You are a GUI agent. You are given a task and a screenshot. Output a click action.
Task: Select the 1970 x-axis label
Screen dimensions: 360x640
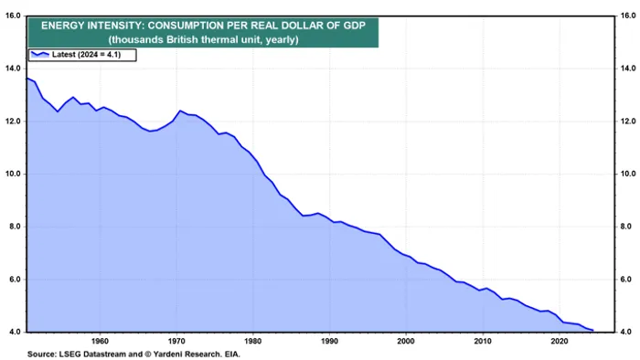click(x=176, y=341)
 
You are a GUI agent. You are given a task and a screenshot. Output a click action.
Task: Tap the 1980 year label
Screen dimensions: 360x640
click(x=252, y=341)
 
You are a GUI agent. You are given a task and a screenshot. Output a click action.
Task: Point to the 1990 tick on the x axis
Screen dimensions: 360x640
click(x=329, y=341)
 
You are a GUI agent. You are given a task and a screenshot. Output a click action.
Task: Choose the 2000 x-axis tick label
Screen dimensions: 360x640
click(x=405, y=341)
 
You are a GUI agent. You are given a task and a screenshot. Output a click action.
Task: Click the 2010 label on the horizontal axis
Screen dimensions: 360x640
click(x=482, y=341)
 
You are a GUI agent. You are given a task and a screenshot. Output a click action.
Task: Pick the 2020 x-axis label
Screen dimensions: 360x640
click(x=558, y=341)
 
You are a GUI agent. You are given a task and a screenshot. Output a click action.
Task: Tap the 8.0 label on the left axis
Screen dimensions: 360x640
click(x=14, y=227)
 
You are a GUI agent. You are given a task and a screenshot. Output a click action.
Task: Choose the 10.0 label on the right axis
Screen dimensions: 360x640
click(x=627, y=174)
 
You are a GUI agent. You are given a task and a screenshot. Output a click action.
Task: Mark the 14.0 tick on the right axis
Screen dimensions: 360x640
click(x=627, y=68)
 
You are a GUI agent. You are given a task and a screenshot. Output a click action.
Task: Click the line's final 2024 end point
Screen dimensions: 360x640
click(x=592, y=330)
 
